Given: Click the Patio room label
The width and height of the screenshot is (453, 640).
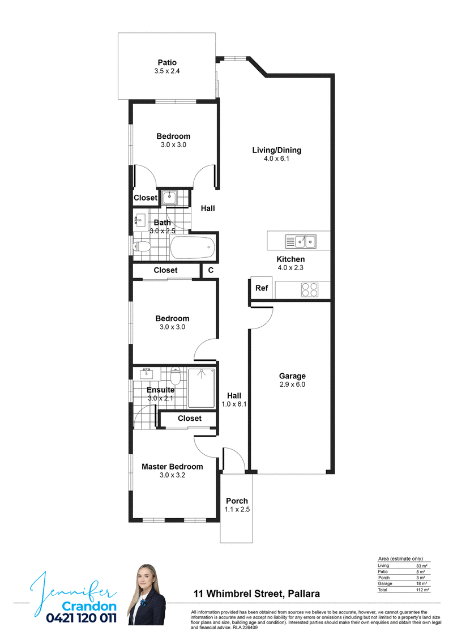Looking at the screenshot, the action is [x=167, y=62].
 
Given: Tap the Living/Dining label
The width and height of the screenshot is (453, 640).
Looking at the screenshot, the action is [x=277, y=150].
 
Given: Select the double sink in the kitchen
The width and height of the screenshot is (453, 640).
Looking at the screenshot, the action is [x=301, y=242].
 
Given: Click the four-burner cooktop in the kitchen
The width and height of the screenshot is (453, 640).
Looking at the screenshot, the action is [x=309, y=290].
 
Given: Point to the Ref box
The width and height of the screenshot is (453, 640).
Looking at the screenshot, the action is [x=262, y=288].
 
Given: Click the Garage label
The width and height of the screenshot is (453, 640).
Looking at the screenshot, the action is [x=292, y=376].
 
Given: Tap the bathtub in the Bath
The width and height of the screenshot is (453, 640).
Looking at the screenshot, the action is [x=193, y=248].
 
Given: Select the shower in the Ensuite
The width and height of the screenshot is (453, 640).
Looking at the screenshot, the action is [x=202, y=388].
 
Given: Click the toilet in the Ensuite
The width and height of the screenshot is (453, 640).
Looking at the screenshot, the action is [x=175, y=376].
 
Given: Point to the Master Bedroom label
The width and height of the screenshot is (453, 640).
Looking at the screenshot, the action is [x=172, y=467].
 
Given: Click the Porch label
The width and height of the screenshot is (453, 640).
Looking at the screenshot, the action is [x=237, y=501].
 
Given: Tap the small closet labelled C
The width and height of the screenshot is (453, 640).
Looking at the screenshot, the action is [x=211, y=270].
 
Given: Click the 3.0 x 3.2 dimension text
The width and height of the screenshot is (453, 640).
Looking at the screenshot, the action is [x=172, y=475].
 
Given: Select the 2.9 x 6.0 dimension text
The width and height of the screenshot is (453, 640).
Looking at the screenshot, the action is [x=292, y=385].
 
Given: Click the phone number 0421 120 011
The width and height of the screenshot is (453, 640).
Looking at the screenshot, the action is [x=81, y=618].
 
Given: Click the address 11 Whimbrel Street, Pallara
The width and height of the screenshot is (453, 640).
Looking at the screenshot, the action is [x=257, y=594].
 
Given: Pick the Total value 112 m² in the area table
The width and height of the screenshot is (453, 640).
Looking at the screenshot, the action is [x=423, y=590].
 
